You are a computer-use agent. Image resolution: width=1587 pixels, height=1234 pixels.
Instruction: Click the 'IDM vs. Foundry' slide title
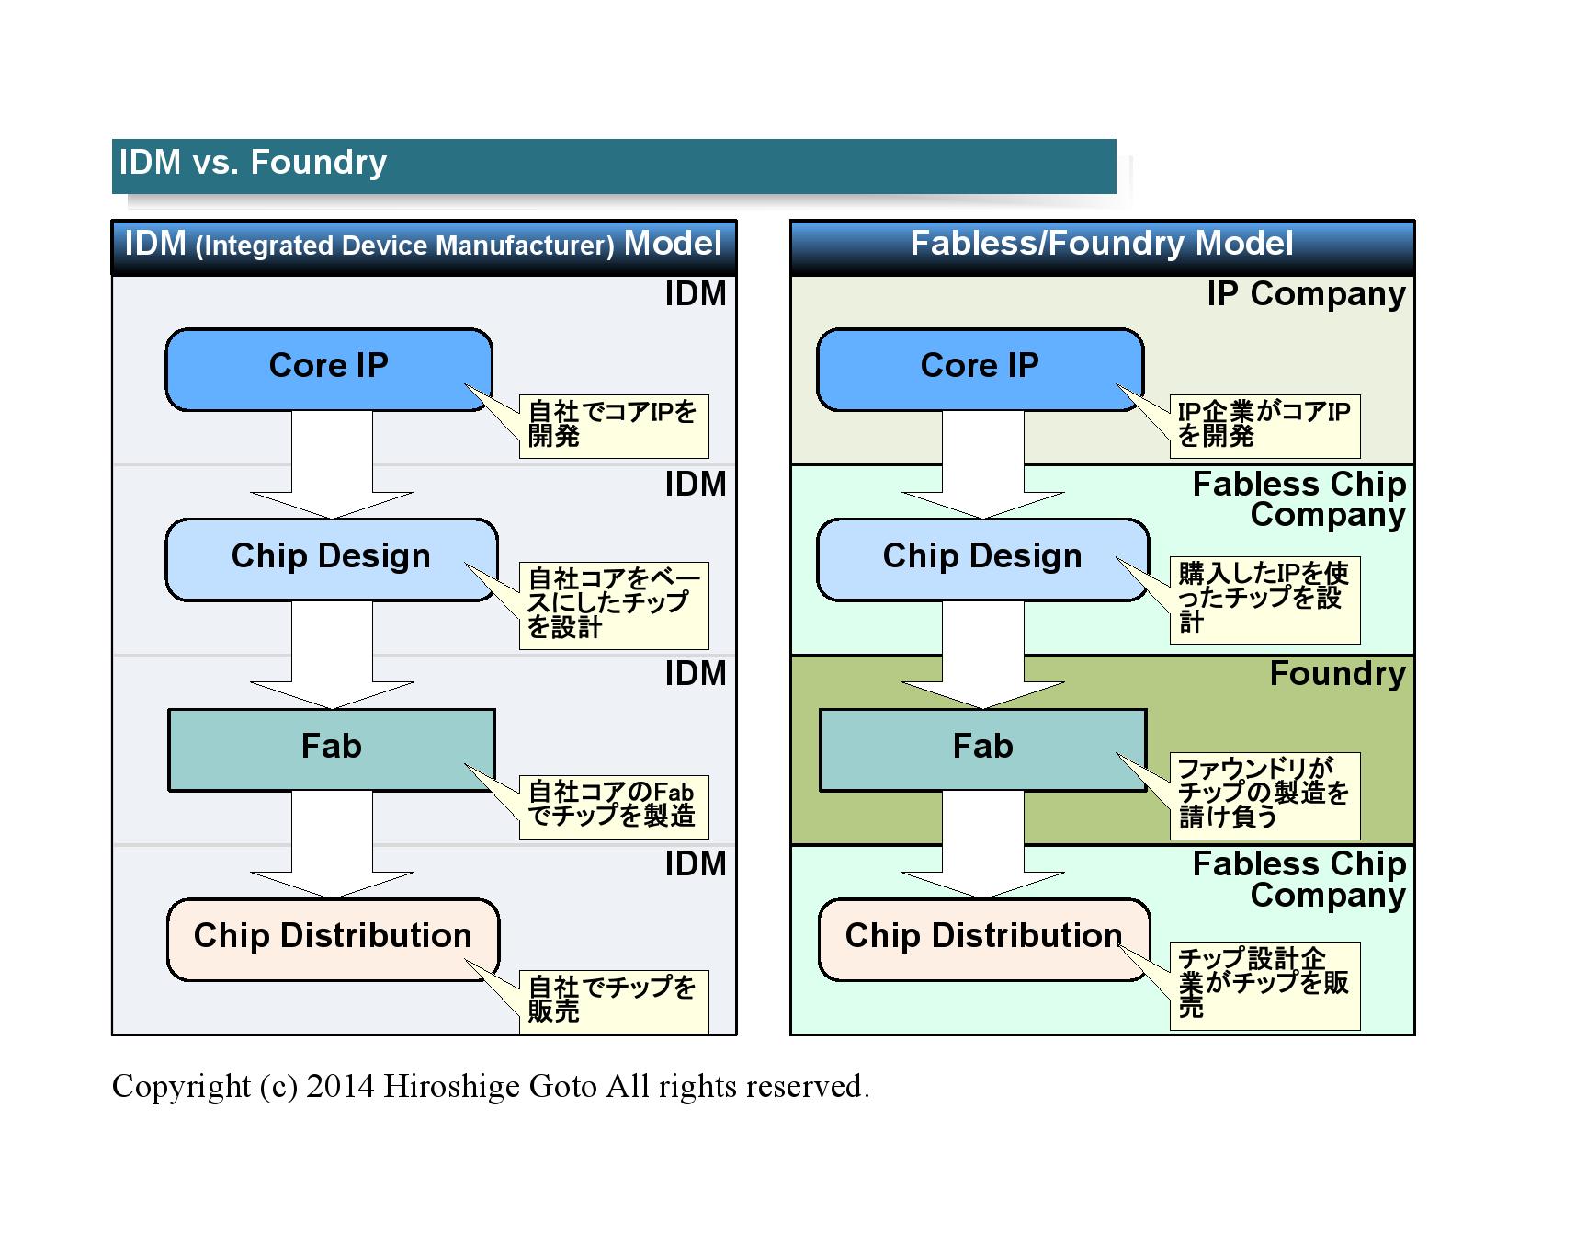(253, 163)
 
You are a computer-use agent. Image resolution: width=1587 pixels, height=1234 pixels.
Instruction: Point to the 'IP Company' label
(1306, 294)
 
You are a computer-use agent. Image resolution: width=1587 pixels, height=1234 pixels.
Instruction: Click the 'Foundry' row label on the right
(1337, 674)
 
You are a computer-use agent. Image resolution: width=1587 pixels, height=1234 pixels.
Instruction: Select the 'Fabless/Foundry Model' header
(1102, 244)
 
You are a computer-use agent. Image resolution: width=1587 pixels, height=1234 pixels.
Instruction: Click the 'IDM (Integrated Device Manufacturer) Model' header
(423, 245)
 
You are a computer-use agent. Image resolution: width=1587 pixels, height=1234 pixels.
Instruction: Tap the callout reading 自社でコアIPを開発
(613, 425)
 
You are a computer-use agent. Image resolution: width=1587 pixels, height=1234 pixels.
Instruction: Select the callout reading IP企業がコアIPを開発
(1264, 425)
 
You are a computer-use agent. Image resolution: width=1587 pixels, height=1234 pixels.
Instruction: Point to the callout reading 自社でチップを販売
(613, 1000)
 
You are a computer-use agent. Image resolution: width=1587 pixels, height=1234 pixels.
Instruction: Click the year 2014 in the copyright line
(340, 1087)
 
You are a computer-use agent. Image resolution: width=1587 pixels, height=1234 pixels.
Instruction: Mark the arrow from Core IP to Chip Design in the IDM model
(332, 464)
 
